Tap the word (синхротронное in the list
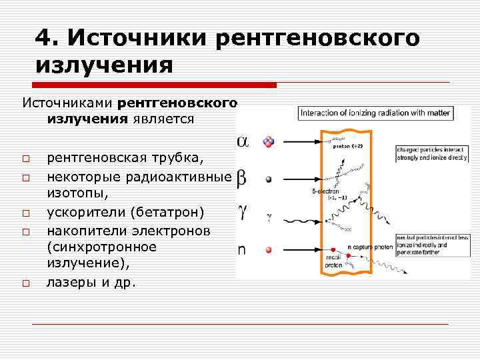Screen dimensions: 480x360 [101, 247]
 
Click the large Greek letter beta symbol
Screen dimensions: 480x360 [241, 178]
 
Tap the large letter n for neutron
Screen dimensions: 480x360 [243, 249]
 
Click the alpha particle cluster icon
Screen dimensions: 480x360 [269, 141]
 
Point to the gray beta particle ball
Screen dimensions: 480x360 [269, 180]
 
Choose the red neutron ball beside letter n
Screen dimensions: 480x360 [269, 250]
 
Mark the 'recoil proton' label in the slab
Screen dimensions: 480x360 [333, 260]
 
